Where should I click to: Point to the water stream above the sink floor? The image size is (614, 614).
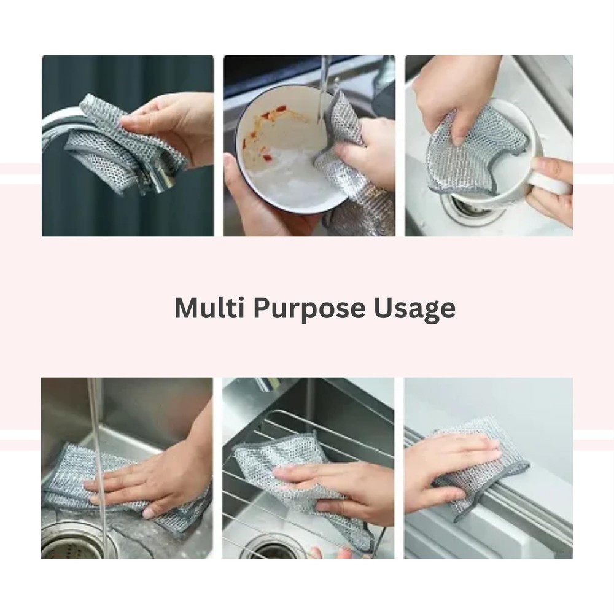tap(96, 430)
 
